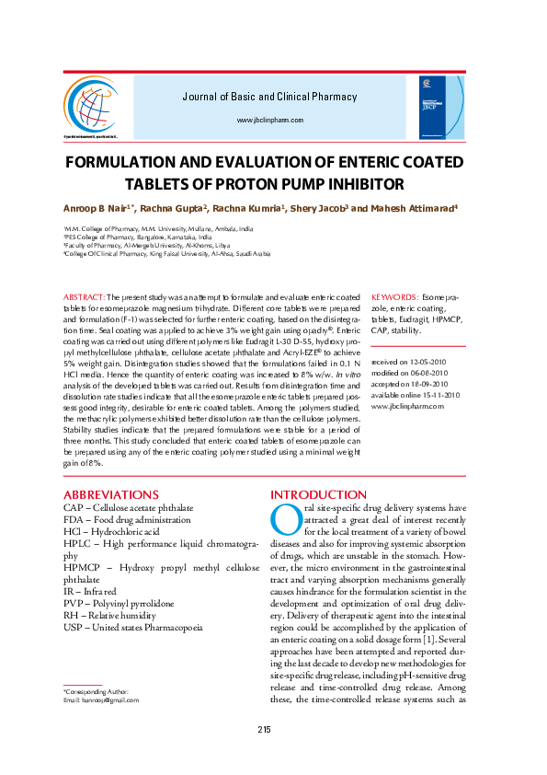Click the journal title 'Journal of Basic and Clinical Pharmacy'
tap(269, 97)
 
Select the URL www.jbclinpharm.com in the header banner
tap(269, 121)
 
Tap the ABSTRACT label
tap(84, 298)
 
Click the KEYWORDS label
tap(393, 298)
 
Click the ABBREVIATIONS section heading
tap(111, 495)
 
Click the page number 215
tap(264, 730)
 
